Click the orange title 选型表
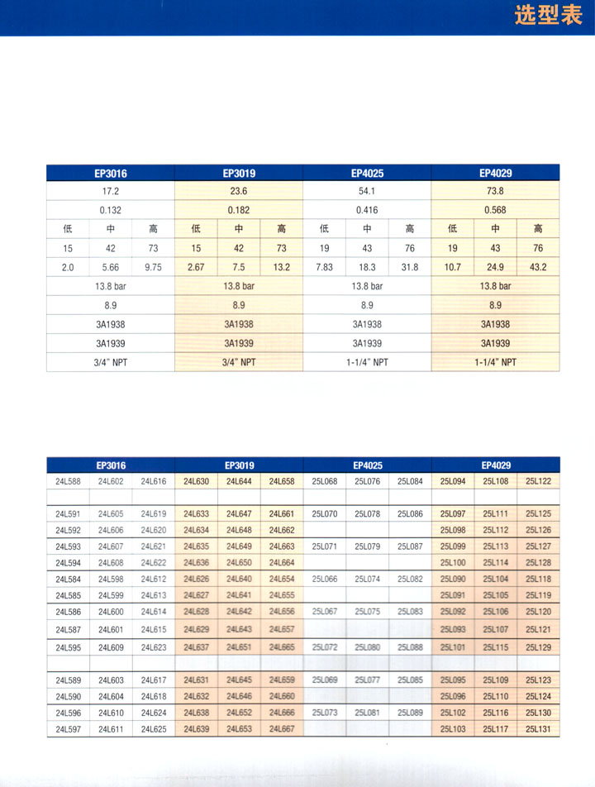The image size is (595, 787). coord(549,17)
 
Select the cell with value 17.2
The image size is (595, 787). coord(110,189)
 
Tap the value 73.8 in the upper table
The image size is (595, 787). coord(495,189)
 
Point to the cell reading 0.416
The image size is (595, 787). coord(367,210)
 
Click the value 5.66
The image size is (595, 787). coord(110,267)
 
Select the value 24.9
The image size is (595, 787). coord(495,267)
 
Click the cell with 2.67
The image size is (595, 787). coord(196,267)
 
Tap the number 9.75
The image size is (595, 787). coord(153,267)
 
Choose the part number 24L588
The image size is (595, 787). coord(68,481)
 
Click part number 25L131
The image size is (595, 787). coord(538,728)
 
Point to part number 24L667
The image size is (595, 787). coord(281,728)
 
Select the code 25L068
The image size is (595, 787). coord(325,481)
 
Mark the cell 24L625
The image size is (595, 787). coord(153,728)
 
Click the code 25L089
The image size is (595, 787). coord(410,712)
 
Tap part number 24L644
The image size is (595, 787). coord(239,481)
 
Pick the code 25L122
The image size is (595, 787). coord(538,481)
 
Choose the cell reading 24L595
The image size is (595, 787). coord(68,646)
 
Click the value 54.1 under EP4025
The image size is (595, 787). coord(367,189)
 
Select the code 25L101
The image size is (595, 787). coord(453,646)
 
